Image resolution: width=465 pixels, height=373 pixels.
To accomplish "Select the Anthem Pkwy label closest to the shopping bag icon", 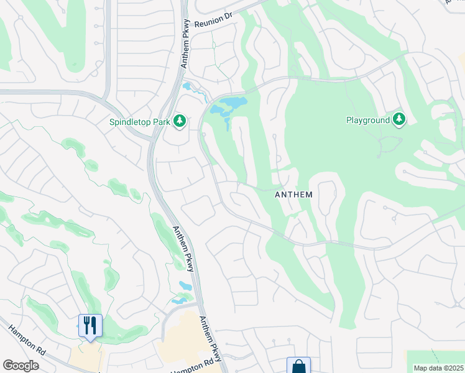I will [x=210, y=336].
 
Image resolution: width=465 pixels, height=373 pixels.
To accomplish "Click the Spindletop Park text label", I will [x=140, y=122].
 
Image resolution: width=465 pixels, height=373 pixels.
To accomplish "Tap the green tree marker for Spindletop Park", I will [x=180, y=120].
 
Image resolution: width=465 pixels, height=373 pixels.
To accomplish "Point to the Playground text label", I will [x=367, y=120].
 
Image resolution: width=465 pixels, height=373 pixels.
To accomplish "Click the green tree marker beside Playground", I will [x=398, y=119].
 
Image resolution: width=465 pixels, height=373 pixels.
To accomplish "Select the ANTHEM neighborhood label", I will [x=293, y=195].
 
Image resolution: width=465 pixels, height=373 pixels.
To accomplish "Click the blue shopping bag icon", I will [x=298, y=366].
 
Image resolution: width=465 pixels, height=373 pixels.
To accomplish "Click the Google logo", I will [x=21, y=366].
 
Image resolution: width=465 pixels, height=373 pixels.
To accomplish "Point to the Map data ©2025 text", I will [x=438, y=368].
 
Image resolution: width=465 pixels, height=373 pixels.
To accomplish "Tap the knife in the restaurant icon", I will [x=94, y=324].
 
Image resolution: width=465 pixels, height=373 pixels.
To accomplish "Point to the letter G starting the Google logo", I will [x=7, y=366].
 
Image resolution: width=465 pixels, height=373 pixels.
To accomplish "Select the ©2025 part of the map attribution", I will [x=451, y=368].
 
